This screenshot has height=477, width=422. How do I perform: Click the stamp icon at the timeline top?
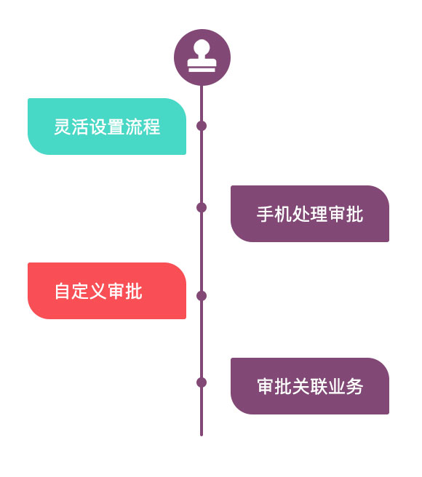[x=202, y=57]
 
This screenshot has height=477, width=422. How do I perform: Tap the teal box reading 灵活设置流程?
[x=107, y=127]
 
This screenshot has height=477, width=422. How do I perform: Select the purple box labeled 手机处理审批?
[x=310, y=214]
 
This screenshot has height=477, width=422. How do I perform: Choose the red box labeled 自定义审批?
[x=107, y=291]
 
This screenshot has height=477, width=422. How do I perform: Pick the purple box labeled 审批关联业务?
[x=310, y=386]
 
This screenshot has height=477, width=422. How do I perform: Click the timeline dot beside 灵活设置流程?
[x=202, y=126]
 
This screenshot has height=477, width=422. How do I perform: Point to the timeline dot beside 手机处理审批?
[x=202, y=207]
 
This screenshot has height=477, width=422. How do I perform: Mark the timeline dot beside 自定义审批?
[x=202, y=296]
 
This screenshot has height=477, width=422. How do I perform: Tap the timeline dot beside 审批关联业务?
[x=202, y=382]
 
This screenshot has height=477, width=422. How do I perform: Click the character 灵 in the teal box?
[x=63, y=127]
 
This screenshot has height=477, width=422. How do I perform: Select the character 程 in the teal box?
[x=151, y=127]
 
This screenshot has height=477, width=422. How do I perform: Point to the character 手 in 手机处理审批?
[x=266, y=215]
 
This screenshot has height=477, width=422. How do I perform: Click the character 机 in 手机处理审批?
[x=283, y=215]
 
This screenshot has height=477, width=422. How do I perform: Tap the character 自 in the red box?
[x=63, y=292]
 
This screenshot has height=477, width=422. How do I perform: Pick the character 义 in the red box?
[x=98, y=292]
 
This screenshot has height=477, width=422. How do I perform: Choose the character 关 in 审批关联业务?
[x=301, y=387]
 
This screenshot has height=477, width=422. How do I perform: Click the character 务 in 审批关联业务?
[x=354, y=387]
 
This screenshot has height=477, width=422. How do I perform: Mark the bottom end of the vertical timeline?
[x=202, y=433]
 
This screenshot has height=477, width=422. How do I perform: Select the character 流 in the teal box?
[x=134, y=127]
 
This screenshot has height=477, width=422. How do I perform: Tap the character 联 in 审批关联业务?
[x=319, y=387]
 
